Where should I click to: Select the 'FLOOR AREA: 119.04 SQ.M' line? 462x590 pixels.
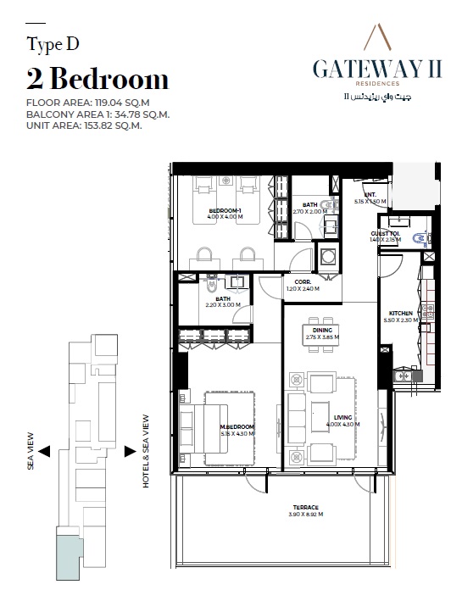click(x=83, y=103)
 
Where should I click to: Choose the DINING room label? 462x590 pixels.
click(x=321, y=331)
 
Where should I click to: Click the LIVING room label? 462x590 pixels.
click(x=342, y=417)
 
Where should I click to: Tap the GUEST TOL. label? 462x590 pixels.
click(x=386, y=233)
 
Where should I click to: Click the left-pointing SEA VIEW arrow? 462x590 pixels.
click(x=45, y=451)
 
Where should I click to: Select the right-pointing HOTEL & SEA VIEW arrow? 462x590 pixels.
click(x=130, y=451)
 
